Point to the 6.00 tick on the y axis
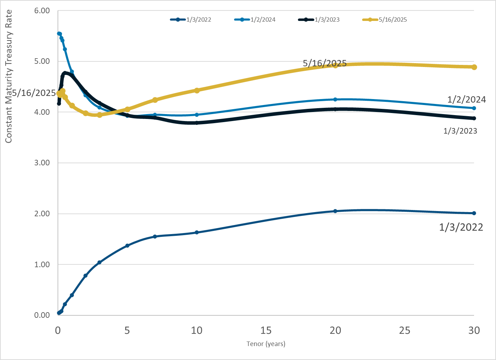tap(42, 10)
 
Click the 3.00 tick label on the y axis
tap(42, 163)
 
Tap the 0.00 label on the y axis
tap(42, 315)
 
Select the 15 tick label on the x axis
tap(266, 330)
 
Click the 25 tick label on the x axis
tap(405, 330)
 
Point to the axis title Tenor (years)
tap(266, 344)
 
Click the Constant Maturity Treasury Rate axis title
tap(9, 76)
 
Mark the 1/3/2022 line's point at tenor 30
tap(474, 213)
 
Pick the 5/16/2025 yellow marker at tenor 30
tap(474, 67)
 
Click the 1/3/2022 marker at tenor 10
tap(197, 232)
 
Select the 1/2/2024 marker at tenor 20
tap(335, 99)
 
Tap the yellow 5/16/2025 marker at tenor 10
tap(197, 90)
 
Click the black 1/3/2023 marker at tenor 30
tap(474, 118)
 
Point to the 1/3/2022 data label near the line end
tap(461, 227)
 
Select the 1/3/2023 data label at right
tap(460, 131)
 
